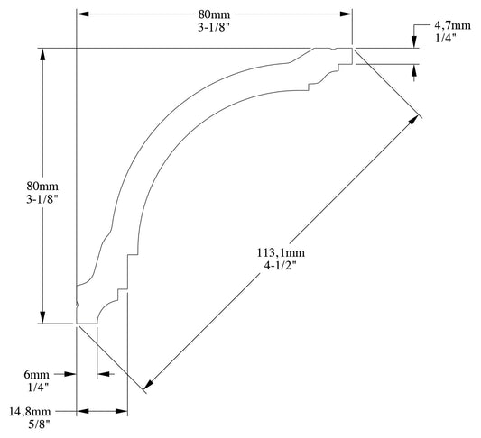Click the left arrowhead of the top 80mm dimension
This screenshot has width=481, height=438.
(83, 14)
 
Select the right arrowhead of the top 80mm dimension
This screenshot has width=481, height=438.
(345, 14)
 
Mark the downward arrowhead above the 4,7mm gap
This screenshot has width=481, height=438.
(414, 42)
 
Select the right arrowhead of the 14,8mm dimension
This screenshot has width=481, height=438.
(122, 410)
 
